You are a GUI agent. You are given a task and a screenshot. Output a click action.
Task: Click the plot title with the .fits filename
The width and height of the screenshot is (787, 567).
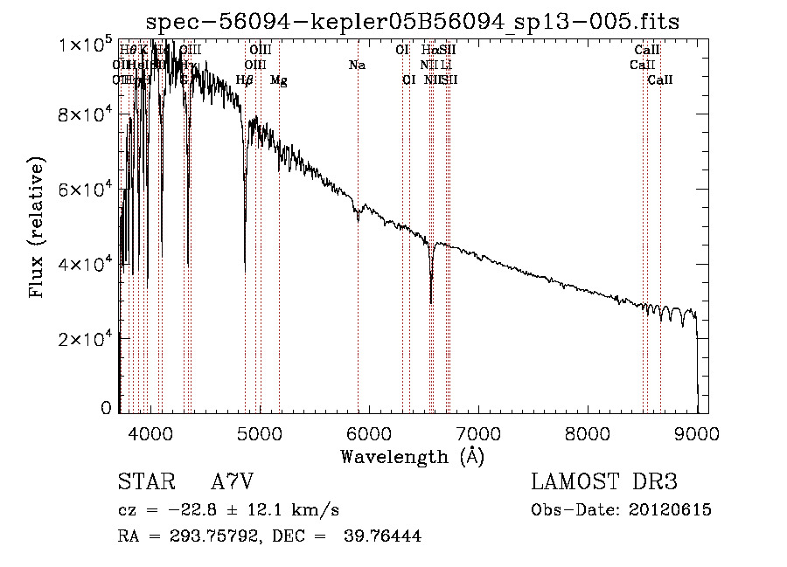coord(413,21)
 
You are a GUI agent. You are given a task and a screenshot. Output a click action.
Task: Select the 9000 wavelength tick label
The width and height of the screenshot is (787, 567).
coord(696,432)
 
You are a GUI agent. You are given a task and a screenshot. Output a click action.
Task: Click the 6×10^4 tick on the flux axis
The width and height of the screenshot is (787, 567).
coord(87,189)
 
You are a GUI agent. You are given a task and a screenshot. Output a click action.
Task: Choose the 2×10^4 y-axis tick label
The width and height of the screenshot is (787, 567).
coord(87,338)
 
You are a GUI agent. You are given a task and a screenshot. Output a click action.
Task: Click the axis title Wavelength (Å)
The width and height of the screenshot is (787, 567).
coord(412,456)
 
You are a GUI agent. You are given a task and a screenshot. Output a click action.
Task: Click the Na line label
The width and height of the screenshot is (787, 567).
coord(357,66)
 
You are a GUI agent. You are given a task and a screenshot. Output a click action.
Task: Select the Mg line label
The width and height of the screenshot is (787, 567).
coord(279,80)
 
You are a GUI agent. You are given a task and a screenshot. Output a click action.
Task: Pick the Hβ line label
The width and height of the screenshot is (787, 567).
coord(245,80)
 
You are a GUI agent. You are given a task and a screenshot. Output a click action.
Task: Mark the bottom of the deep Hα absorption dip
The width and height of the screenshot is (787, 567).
coord(431,302)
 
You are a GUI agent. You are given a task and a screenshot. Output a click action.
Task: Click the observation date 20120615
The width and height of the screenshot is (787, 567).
coord(672,510)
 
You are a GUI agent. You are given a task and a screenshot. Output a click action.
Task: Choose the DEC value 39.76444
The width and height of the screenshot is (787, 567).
coord(387,536)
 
